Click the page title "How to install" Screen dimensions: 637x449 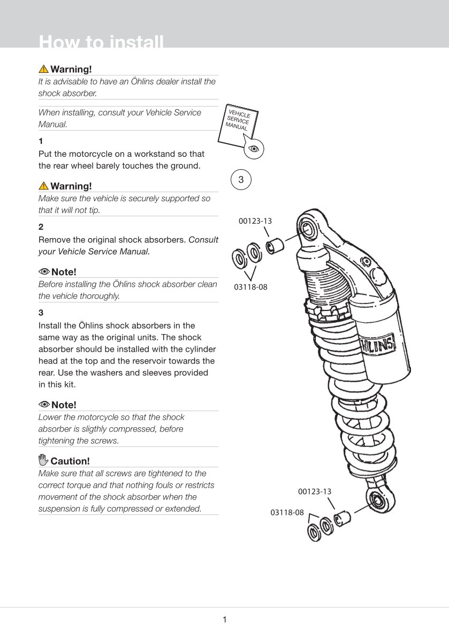[101, 42]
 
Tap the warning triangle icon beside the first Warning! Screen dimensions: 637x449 [43, 69]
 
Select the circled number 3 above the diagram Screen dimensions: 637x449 [241, 180]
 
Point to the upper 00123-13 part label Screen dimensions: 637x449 [255, 221]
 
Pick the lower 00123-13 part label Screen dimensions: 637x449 [315, 491]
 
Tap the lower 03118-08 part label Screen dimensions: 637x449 [287, 512]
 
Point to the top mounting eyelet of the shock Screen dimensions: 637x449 [309, 229]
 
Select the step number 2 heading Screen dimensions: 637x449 [41, 227]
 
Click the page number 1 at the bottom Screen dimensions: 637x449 [225, 620]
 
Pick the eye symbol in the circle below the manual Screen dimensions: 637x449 [254, 148]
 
